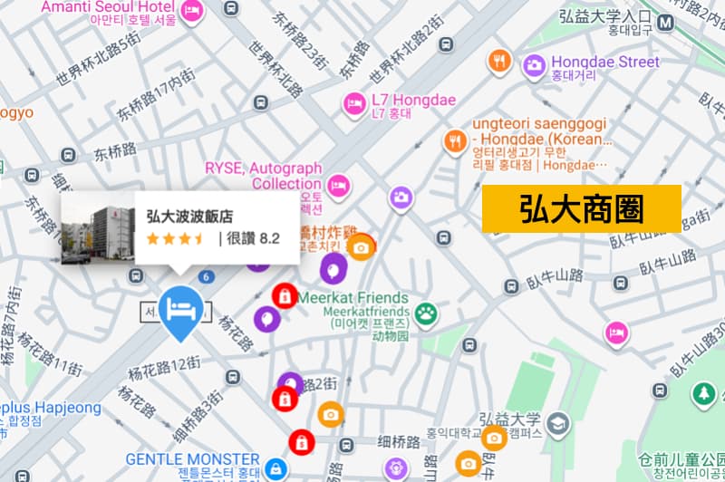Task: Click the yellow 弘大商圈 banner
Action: [581, 208]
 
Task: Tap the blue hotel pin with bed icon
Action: [180, 311]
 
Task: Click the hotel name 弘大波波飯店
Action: [188, 217]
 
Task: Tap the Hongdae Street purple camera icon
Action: [534, 63]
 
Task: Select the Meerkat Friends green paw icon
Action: [426, 314]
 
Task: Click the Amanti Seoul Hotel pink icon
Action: [192, 9]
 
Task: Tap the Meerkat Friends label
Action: [359, 298]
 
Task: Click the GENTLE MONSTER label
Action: [192, 459]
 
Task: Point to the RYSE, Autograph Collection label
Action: [264, 176]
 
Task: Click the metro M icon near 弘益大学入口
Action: [668, 22]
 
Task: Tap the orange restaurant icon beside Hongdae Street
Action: [498, 62]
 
